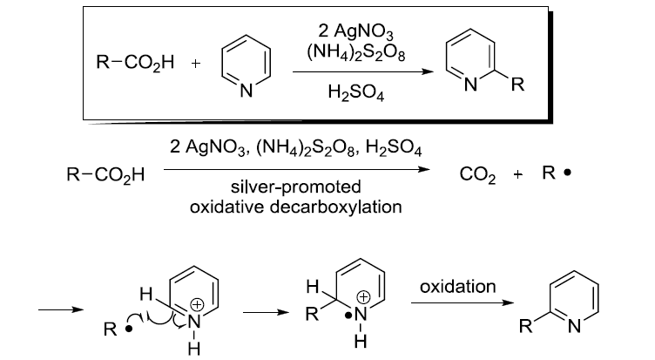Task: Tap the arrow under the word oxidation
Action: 457,302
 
